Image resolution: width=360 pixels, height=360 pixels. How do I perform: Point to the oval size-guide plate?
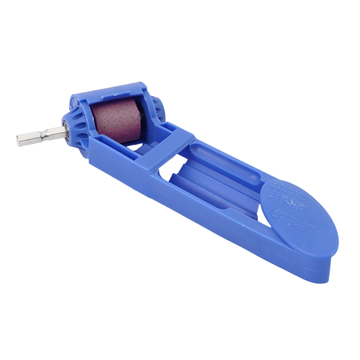tap(299, 211)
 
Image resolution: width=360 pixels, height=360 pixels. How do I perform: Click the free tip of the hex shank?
tap(19, 140)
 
